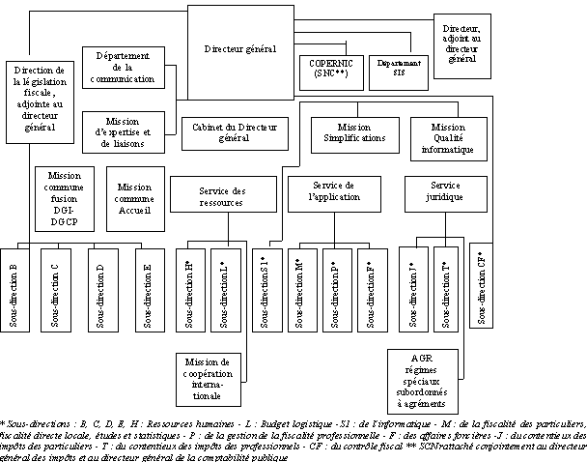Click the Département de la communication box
126,69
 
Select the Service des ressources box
214,195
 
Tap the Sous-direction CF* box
481,285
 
